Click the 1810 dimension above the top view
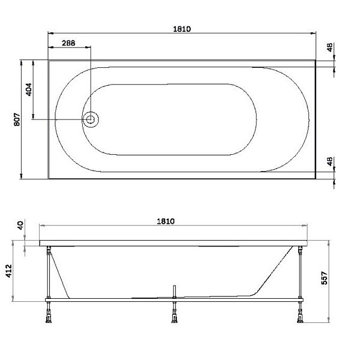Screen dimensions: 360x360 click(182, 28)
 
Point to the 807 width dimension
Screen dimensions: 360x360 click(17, 119)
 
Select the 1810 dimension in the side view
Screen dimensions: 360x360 click(166, 221)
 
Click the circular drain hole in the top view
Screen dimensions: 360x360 click(91, 119)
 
